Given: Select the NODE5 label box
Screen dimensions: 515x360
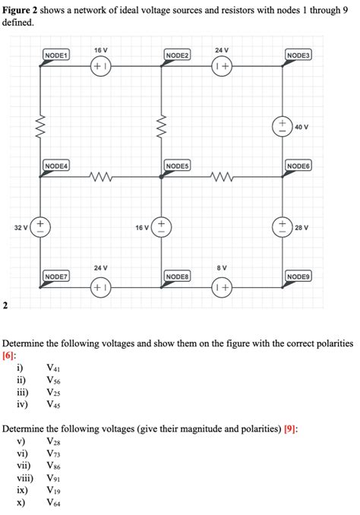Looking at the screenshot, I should (x=176, y=166).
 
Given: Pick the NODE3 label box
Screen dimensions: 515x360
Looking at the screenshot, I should (x=298, y=55).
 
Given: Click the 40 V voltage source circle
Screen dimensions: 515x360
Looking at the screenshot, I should (x=282, y=126).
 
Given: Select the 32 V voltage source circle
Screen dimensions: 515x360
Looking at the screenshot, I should (x=40, y=226).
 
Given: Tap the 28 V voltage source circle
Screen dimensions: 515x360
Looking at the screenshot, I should (x=282, y=226).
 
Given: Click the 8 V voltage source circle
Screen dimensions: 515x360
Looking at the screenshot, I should (x=222, y=289).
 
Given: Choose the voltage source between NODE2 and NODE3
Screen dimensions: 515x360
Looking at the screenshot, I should (x=222, y=67).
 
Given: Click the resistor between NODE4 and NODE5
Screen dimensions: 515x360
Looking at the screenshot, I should (x=101, y=178).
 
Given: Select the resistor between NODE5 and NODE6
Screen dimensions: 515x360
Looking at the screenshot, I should (x=222, y=178).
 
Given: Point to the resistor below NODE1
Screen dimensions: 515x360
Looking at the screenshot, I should (x=40, y=122).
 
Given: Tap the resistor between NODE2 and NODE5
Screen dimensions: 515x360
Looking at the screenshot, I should (x=161, y=122).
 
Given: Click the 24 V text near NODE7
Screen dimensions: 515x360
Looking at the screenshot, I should (x=101, y=268).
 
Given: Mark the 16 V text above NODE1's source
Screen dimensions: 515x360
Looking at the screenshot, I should (x=101, y=49).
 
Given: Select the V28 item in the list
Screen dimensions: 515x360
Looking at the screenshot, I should (x=52, y=441).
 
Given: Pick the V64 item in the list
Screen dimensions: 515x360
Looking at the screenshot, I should (x=52, y=502).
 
